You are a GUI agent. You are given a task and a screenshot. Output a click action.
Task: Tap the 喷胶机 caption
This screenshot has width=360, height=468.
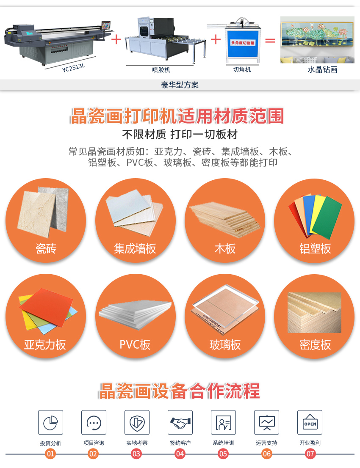(161, 70)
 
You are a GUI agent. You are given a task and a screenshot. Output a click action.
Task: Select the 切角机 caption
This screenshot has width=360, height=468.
(242, 69)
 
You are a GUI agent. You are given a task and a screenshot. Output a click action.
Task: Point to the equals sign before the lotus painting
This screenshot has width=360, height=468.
(270, 41)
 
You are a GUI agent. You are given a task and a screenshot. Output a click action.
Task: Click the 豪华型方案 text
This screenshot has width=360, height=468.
(180, 85)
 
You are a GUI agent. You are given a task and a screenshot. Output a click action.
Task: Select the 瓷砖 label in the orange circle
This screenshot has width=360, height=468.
(46, 248)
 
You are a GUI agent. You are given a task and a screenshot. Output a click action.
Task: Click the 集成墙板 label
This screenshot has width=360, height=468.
(135, 248)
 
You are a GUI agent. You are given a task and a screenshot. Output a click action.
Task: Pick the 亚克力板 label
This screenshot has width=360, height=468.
(45, 344)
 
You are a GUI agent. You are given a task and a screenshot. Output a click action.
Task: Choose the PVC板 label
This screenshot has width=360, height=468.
(135, 344)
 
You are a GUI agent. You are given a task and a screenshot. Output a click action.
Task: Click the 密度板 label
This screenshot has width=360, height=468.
(315, 344)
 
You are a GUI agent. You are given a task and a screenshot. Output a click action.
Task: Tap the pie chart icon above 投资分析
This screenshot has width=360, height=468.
(50, 422)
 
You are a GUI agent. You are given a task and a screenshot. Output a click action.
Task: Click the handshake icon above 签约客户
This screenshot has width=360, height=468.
(180, 422)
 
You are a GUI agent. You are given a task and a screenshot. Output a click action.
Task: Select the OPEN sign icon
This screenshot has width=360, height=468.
(310, 422)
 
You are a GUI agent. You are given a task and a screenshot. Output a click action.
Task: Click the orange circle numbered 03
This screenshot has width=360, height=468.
(136, 454)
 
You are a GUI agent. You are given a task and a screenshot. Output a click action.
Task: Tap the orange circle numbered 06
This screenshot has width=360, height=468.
(266, 454)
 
